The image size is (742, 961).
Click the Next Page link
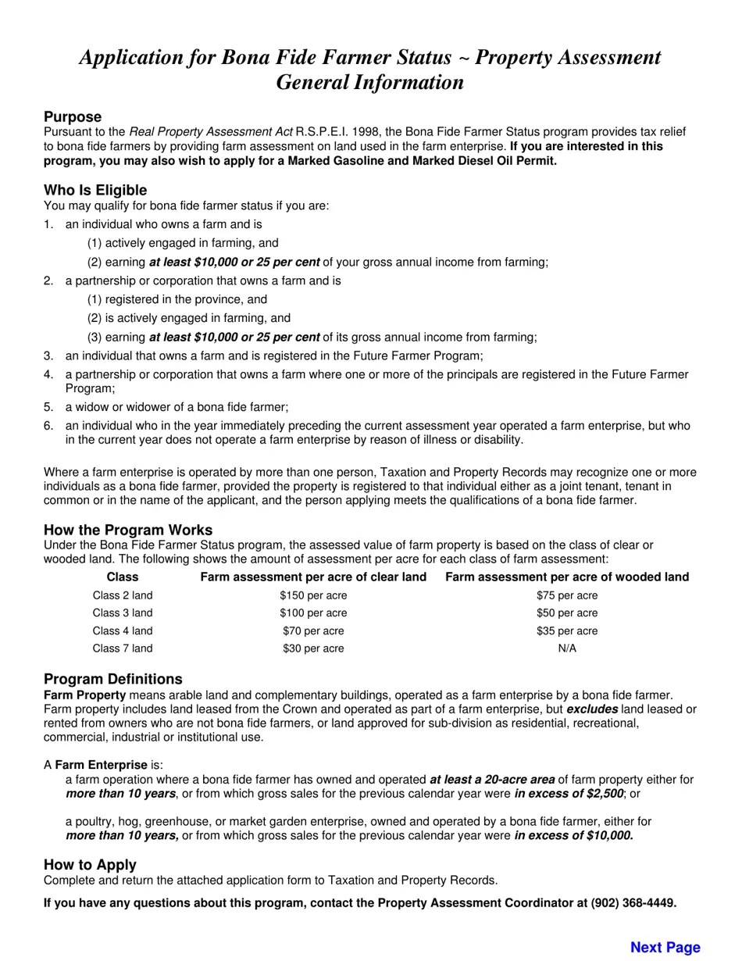point(665,947)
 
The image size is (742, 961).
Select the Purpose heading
point(73,117)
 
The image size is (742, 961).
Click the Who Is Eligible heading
point(95,191)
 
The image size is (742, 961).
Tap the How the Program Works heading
point(128,530)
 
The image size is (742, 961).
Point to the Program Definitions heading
point(113,679)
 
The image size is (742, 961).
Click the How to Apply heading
point(90,865)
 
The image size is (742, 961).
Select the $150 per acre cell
point(313,595)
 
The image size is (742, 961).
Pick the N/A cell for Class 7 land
point(567,648)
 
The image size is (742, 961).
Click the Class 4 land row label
point(123,631)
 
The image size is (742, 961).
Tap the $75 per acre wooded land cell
point(567,595)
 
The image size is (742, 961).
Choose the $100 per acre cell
point(313,613)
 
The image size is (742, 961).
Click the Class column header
point(123,577)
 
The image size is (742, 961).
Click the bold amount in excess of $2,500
point(569,794)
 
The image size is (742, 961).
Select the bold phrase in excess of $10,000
point(573,836)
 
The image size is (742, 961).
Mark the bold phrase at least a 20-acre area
point(492,780)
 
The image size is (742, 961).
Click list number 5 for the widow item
point(48,407)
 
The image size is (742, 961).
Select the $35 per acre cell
point(567,631)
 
